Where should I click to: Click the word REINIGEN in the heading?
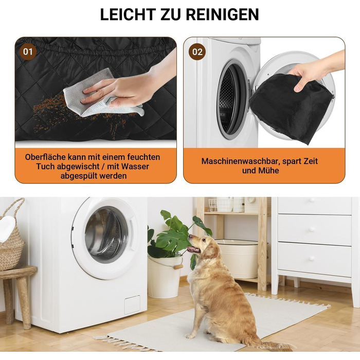222,15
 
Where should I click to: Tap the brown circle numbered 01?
28,52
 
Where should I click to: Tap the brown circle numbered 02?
197,52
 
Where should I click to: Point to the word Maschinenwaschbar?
241,161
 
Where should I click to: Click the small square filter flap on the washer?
132,304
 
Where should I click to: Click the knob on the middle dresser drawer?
311,229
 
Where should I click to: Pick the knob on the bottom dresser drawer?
311,259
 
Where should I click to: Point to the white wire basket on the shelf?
221,205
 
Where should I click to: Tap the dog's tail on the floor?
276,345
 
